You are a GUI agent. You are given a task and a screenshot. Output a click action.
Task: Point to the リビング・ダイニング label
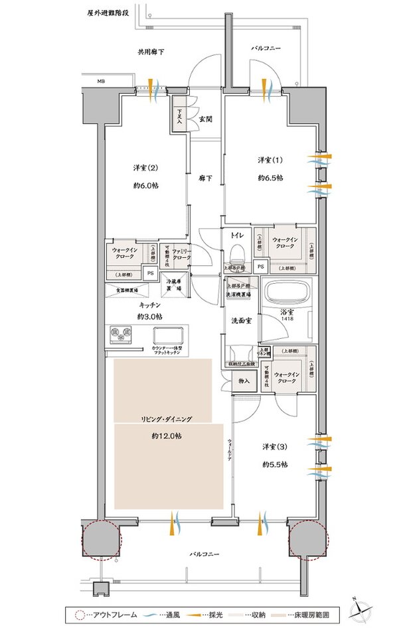(165, 419)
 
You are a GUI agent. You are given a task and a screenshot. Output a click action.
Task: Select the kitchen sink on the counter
(164, 334)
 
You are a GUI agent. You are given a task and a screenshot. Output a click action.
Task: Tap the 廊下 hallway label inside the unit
(204, 178)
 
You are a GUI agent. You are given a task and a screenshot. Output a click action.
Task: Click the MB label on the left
(101, 82)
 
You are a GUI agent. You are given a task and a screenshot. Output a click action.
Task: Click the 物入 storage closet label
(244, 381)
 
